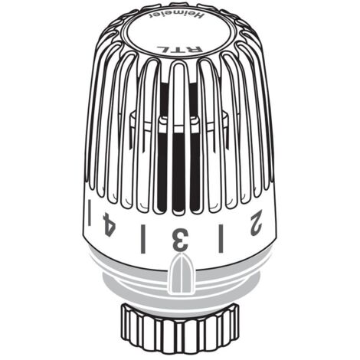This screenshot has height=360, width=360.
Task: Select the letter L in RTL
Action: pos(169,48)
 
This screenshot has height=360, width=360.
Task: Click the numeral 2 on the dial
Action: pos(256,223)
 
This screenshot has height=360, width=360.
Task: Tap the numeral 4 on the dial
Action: pos(109,224)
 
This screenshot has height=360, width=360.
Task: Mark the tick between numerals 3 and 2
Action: pos(221,238)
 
